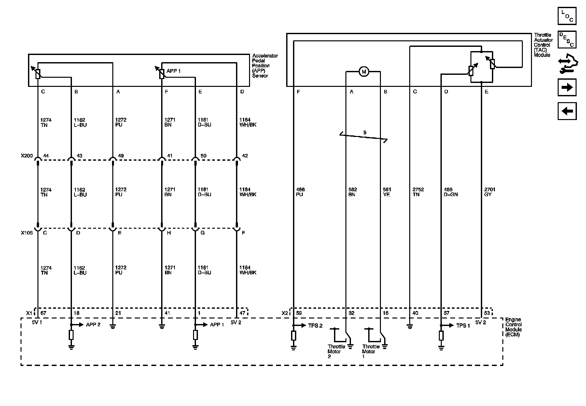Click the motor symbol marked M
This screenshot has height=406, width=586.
click(x=364, y=72)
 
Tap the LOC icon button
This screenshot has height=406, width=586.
click(x=567, y=16)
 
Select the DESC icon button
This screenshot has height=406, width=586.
click(x=567, y=40)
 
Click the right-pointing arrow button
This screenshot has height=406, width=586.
click(x=567, y=87)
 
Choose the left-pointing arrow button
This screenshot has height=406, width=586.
click(x=567, y=111)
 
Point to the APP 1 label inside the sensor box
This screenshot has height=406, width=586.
click(x=174, y=71)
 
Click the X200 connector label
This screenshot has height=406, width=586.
click(x=27, y=156)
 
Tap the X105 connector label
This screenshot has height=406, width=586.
click(x=27, y=233)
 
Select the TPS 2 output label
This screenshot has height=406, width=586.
click(x=315, y=326)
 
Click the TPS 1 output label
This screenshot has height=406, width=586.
click(x=463, y=326)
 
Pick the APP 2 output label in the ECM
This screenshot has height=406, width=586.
click(x=93, y=325)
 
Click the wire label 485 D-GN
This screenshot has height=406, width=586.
click(x=451, y=192)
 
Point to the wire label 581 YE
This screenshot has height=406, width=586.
click(x=387, y=192)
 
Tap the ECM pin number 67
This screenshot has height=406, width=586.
click(x=43, y=313)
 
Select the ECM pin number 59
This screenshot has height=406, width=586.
click(x=299, y=313)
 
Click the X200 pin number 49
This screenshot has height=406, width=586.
click(x=121, y=156)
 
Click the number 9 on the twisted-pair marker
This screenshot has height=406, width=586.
click(x=365, y=133)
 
